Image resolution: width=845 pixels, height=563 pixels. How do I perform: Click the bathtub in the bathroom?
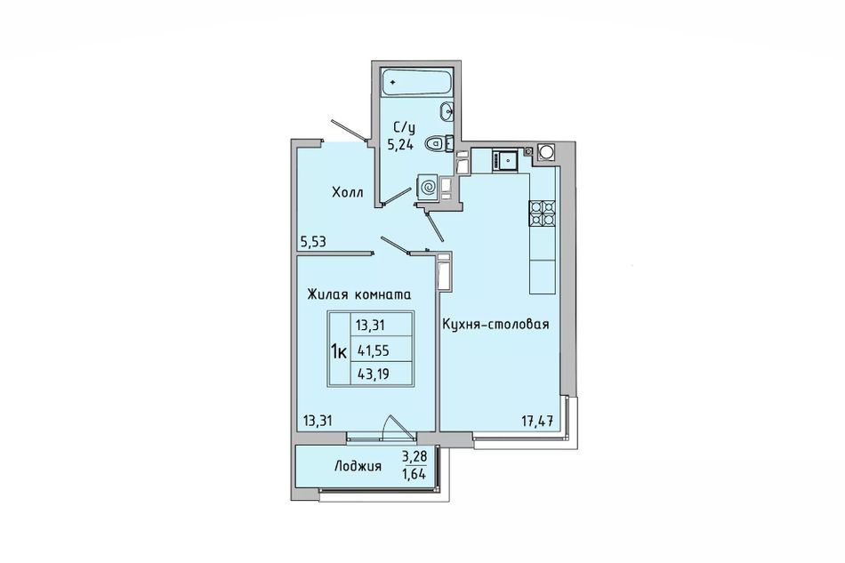tap(416, 82)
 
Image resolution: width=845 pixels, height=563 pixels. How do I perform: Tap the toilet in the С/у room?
tap(438, 144)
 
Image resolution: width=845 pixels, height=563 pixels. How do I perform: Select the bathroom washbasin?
tap(447, 111)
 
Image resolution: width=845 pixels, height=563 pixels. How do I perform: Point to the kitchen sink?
tap(505, 161)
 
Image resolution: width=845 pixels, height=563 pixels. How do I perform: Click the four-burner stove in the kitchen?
tap(543, 213)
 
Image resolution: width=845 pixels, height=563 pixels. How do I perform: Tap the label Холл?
tap(348, 193)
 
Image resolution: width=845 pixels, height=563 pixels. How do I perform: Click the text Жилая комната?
tap(359, 294)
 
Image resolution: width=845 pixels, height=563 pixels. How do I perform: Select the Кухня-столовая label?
tap(495, 324)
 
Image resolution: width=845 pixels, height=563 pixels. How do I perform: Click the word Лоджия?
tap(358, 467)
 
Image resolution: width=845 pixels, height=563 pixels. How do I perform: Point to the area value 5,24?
tap(400, 144)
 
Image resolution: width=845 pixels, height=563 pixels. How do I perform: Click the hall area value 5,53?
tap(313, 242)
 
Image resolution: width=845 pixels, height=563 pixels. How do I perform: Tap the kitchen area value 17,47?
tap(537, 421)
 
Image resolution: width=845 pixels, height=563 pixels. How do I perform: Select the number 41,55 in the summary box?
tap(373, 351)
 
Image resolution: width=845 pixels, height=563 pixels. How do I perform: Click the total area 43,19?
tap(373, 373)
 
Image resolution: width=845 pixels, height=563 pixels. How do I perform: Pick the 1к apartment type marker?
tap(338, 352)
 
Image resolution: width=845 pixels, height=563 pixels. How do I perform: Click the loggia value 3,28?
tap(414, 457)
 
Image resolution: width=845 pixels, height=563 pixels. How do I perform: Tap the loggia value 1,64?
tap(414, 475)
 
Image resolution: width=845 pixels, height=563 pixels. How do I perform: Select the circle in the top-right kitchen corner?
tap(546, 152)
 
